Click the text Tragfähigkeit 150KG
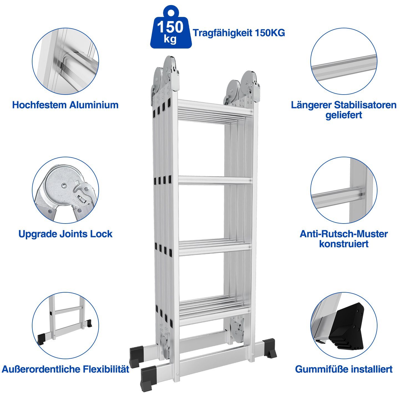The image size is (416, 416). click(x=239, y=33)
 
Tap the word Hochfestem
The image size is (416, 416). click(x=40, y=105)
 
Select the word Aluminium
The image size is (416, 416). click(x=94, y=105)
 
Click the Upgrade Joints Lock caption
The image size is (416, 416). click(x=65, y=234)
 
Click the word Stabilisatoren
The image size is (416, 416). click(x=365, y=105)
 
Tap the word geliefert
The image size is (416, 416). click(x=344, y=115)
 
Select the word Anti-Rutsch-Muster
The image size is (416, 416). click(x=344, y=234)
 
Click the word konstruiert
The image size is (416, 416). click(x=344, y=244)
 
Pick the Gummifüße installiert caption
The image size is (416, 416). click(x=344, y=369)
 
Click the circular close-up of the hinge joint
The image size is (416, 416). click(x=65, y=190)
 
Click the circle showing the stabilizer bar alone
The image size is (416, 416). click(x=344, y=61)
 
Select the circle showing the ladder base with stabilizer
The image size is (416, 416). click(x=65, y=326)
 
